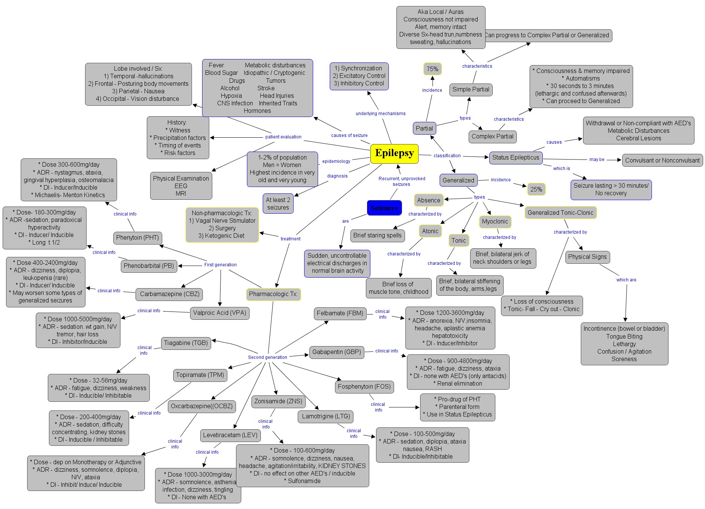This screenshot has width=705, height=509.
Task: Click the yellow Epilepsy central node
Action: coord(394,153)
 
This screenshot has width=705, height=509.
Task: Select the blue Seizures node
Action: coord(384,208)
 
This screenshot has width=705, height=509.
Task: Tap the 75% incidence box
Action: coord(432,69)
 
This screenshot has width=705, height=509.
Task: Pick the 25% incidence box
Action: coord(536,189)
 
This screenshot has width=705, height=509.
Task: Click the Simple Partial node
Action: coord(471,90)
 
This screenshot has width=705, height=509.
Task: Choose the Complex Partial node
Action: coord(492,137)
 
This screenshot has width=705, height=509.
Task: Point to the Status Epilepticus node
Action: coord(516,158)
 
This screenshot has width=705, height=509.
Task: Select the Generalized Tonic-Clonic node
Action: coord(560,213)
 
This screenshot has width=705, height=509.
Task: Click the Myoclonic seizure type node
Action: coord(495,222)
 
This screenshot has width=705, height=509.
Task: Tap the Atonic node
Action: coord(430,231)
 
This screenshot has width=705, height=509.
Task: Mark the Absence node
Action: coord(428,200)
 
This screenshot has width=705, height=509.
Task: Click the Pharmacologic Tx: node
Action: coord(273,294)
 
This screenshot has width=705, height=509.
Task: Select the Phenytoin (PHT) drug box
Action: coord(137,238)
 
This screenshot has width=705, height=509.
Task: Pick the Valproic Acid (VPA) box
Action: coord(219,313)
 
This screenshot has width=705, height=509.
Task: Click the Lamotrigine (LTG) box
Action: coord(326,416)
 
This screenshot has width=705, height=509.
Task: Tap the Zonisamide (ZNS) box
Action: coord(278,401)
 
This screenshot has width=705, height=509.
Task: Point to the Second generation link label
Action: coord(267,357)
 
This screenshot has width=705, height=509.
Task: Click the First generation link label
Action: coord(220,265)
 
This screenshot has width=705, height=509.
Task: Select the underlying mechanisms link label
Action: coord(381,114)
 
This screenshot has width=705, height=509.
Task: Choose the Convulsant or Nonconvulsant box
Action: coord(662,160)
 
